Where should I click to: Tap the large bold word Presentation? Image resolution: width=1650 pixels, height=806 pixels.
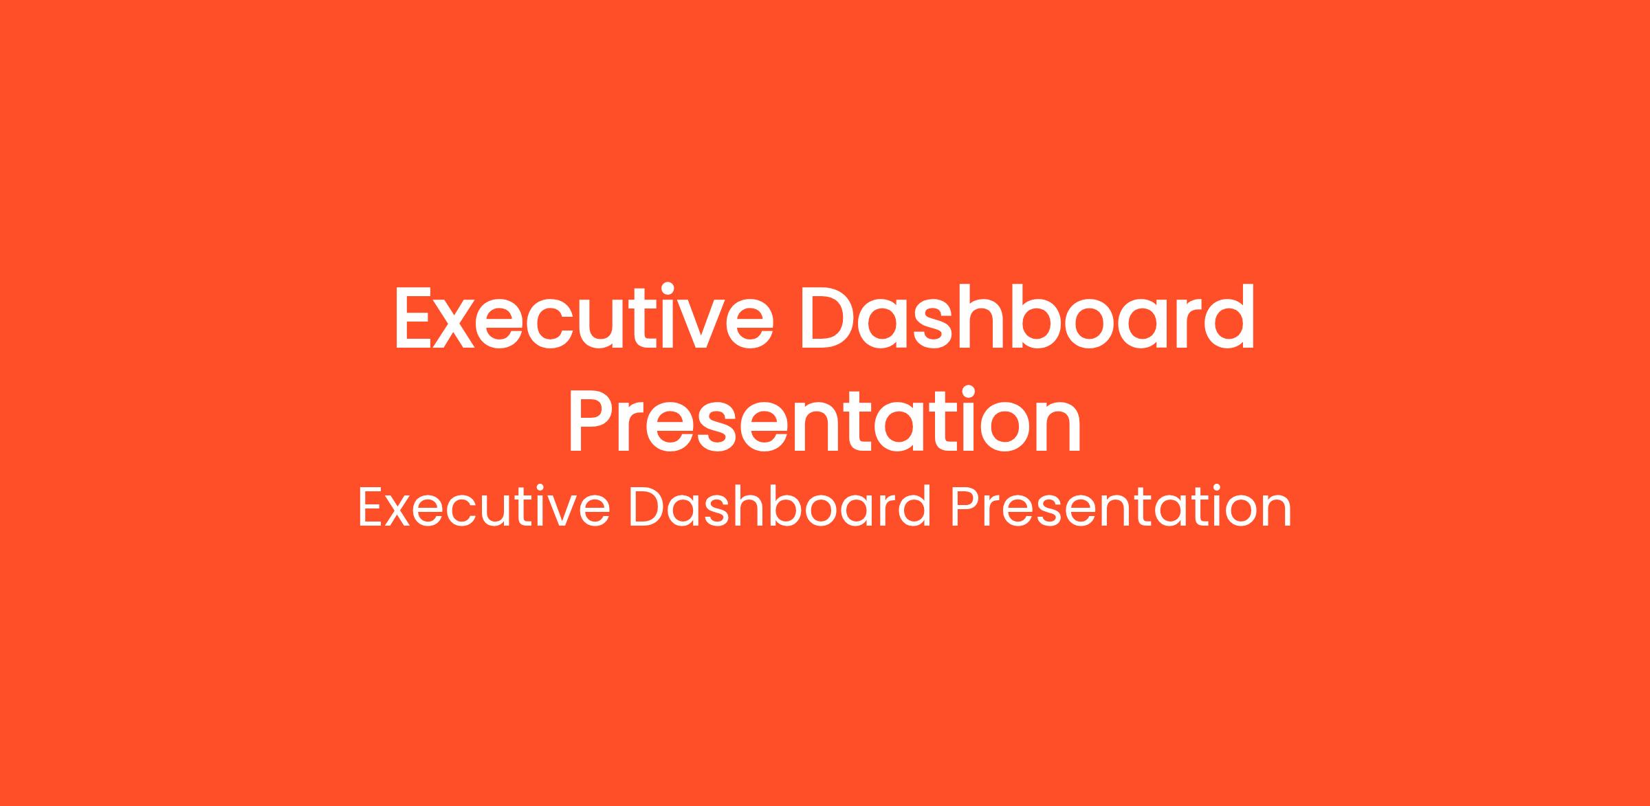824,421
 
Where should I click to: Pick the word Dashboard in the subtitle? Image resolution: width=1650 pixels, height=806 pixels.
780,506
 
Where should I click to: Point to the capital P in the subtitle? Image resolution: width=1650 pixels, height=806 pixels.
965,508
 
